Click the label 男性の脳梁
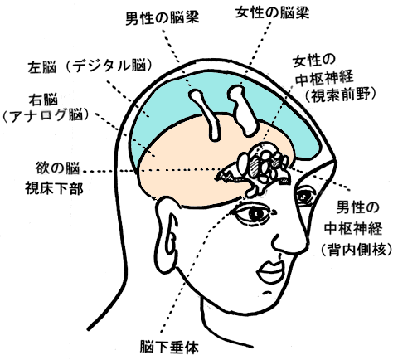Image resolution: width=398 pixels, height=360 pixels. pos(163,19)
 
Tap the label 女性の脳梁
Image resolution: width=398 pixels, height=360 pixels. pos(272,12)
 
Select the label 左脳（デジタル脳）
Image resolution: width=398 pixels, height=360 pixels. pos(90,66)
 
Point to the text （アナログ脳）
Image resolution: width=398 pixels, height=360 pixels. pos(46,115)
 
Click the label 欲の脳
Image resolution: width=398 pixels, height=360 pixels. pos(57,168)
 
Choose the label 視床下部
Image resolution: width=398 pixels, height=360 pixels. pos(54,189)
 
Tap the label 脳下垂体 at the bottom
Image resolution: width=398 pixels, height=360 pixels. pos(169,347)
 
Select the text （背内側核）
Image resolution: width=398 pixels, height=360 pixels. pos(357,251)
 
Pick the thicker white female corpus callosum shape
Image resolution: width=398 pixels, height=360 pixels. pos(243,110)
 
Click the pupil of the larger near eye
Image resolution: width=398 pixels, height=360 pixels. pos(256,214)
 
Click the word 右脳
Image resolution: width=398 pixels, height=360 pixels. pos(43,100)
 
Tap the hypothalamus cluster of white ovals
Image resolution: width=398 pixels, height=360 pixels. pos(261,163)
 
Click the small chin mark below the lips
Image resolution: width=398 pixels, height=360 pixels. pos(266,292)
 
